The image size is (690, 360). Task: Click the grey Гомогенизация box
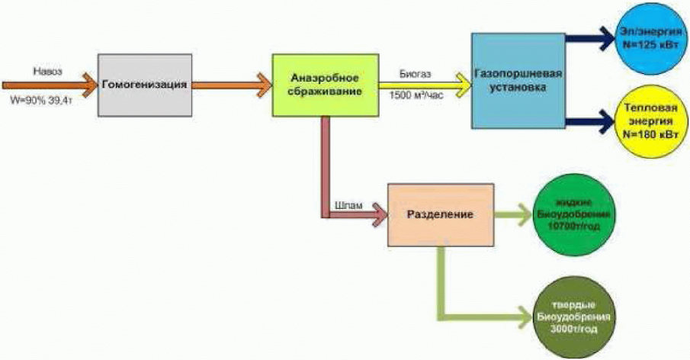[144, 84]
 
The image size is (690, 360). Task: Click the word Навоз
[47, 69]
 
